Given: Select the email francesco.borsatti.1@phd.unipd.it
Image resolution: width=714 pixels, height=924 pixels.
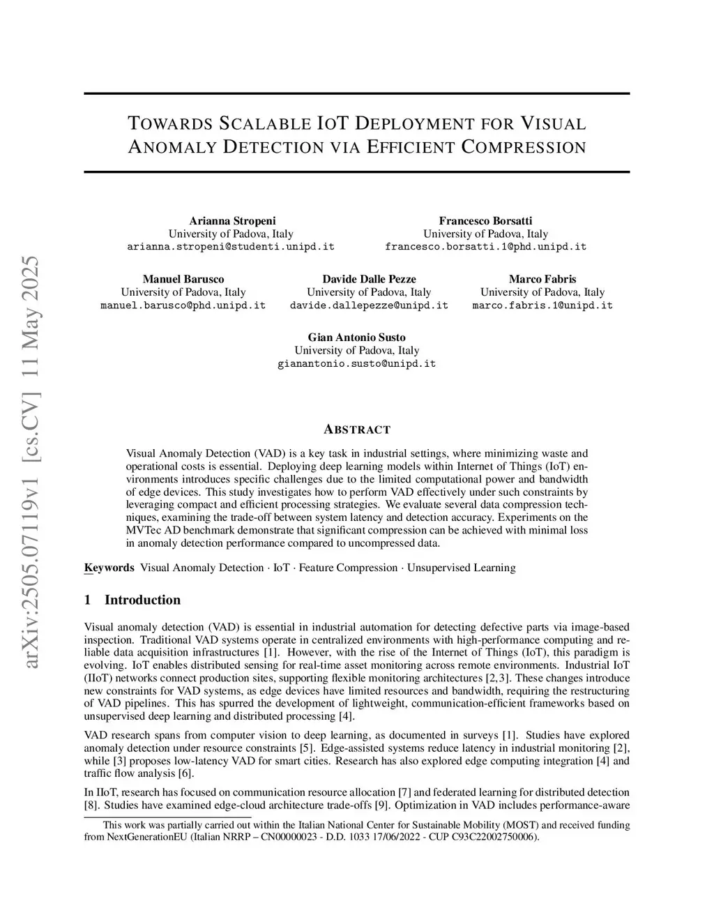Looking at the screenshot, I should coord(485,247).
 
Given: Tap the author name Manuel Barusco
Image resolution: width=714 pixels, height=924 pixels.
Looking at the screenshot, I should coord(183,279).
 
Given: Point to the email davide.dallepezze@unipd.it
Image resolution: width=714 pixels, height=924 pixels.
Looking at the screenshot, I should coord(369,305).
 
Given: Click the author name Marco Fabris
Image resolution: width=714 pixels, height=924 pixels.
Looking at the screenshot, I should coord(542,279).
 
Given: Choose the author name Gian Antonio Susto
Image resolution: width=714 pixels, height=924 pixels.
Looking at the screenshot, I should coord(356,338).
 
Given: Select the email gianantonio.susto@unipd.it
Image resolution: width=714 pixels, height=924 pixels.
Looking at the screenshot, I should coord(356,364).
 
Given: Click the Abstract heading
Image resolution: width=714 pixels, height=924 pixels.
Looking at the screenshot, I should coord(357,430).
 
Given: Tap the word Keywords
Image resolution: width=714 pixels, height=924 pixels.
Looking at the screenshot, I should coord(109,568).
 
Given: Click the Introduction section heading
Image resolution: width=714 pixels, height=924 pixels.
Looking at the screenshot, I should coord(142,600).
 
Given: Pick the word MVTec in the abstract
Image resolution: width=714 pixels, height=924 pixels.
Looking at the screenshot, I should coord(144,530).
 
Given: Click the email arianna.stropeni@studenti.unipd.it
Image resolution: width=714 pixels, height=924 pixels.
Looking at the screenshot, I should coord(231,247).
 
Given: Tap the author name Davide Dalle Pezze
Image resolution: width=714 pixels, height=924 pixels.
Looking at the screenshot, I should coord(369,279).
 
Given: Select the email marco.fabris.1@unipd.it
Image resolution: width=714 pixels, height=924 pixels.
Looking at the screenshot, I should coord(542,305).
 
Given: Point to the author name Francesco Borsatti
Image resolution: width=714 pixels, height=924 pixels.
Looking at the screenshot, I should coord(485,221).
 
